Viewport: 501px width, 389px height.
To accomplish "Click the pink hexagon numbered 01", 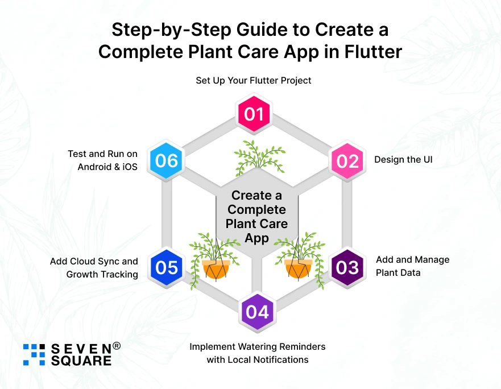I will point(254,114).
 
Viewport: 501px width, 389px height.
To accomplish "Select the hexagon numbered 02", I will point(348,160).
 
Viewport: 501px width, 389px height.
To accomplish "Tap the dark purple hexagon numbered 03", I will point(347,267).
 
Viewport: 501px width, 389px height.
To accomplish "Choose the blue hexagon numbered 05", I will point(167,267).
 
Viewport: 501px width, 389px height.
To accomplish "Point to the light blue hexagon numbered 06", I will point(167,160).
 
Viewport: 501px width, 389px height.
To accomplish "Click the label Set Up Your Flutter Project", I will point(254,80).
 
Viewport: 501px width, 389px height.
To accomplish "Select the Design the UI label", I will point(403,159).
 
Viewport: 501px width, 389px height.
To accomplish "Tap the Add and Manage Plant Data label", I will point(412,266).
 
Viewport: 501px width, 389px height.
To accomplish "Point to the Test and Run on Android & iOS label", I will point(102,160).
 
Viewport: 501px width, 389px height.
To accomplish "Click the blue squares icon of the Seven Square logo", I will point(34,354).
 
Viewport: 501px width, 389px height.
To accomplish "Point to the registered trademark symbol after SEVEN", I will point(116,345).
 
